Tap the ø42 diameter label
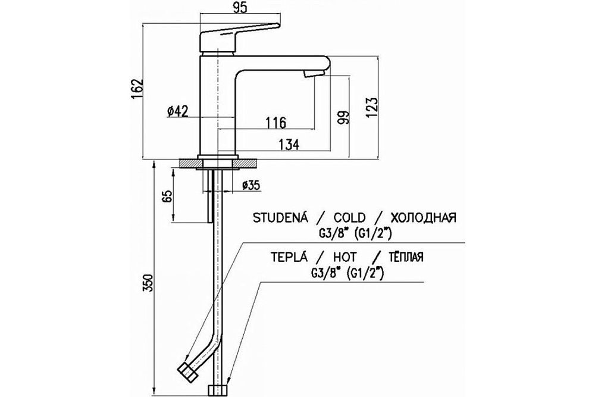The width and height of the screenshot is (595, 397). (x=178, y=111)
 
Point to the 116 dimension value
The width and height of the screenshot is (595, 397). (x=276, y=123)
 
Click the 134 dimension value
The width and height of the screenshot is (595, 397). (x=288, y=143)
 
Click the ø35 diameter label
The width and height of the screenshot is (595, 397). (x=251, y=186)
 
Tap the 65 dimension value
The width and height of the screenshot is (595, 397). (x=167, y=197)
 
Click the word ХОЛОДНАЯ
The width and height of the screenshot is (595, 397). (x=425, y=217)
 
